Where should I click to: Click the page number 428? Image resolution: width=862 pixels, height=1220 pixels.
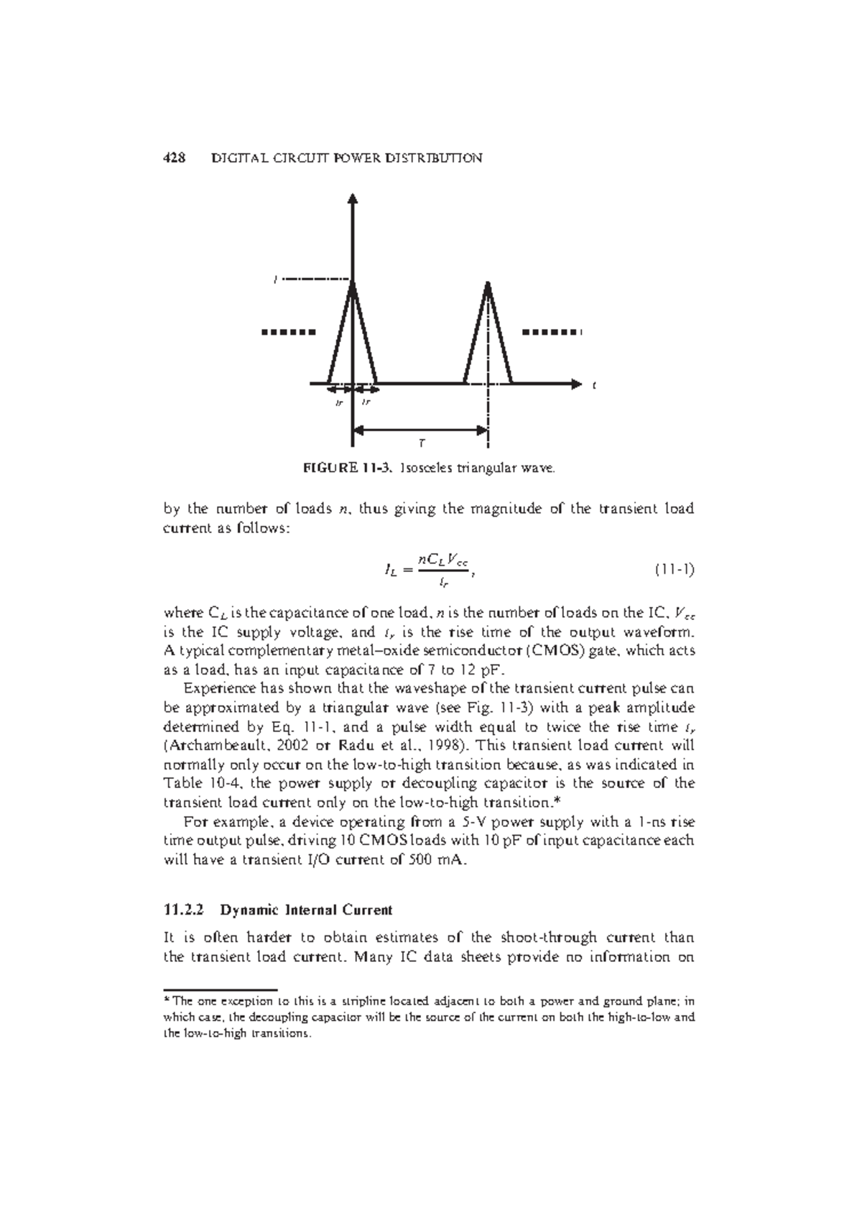(x=175, y=158)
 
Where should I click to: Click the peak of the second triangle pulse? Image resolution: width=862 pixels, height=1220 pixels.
(x=488, y=283)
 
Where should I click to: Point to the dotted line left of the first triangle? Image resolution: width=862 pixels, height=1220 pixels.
(x=288, y=333)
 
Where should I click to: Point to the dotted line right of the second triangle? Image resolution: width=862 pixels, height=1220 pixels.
(x=550, y=333)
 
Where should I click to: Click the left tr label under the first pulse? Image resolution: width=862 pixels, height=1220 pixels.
(x=340, y=403)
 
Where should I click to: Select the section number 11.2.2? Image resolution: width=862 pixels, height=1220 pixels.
(x=185, y=910)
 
